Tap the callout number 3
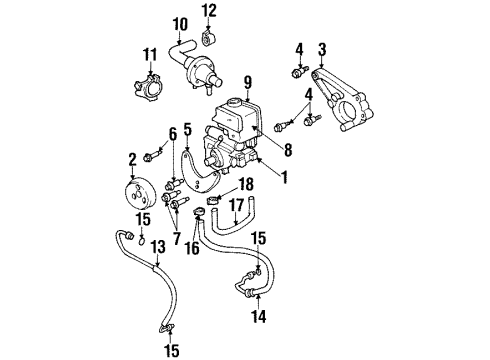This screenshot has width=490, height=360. click(x=322, y=49)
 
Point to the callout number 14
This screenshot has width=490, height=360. click(x=209, y=11)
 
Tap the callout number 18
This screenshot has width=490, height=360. click(x=246, y=185)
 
